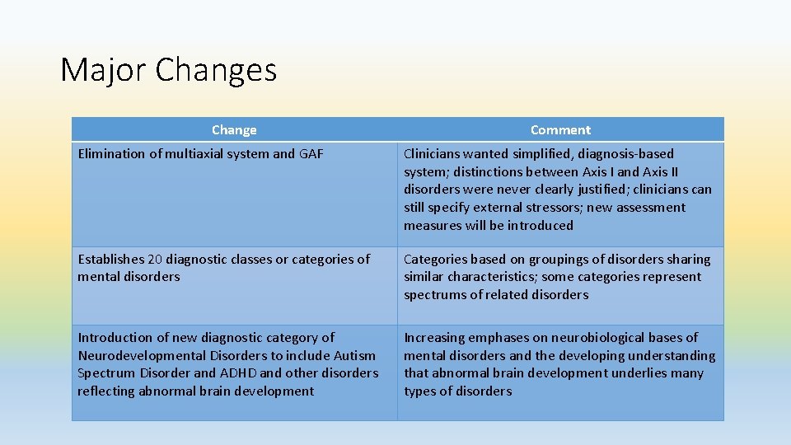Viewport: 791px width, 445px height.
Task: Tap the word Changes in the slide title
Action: [216, 71]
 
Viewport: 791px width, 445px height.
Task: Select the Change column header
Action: [234, 129]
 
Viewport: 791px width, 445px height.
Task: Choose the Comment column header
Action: [560, 129]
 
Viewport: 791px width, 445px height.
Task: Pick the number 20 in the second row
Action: [156, 259]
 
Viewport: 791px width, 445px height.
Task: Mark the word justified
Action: [599, 189]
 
